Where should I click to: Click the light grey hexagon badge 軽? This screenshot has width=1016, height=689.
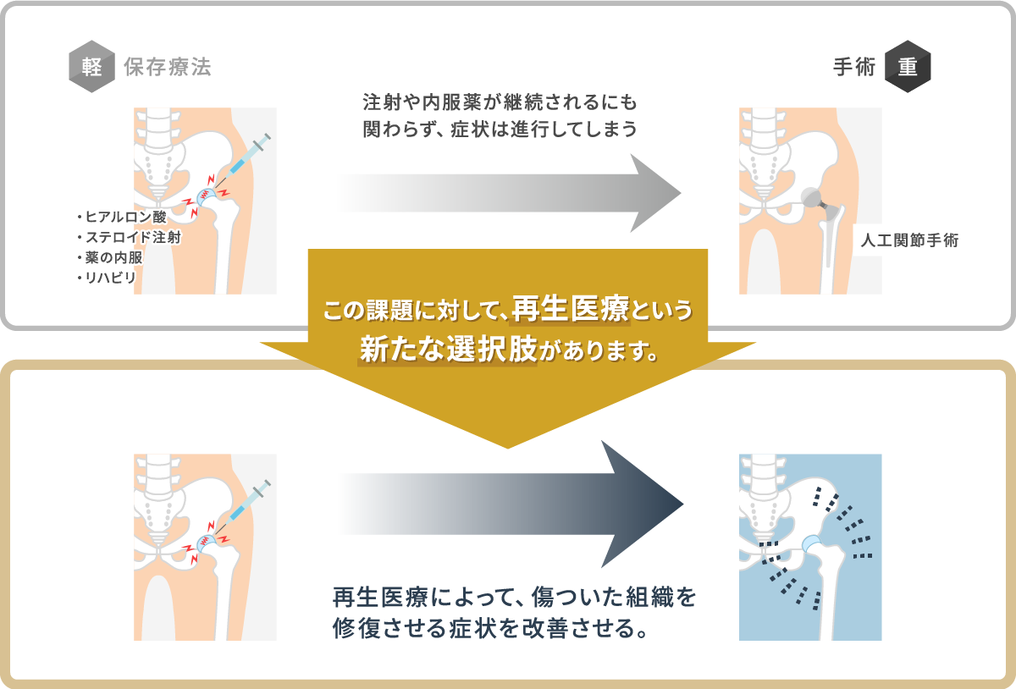pyautogui.click(x=91, y=67)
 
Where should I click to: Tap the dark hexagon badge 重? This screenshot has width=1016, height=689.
pyautogui.click(x=908, y=67)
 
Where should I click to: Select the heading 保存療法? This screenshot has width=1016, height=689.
pyautogui.click(x=168, y=67)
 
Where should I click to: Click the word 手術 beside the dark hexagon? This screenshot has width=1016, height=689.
pyautogui.click(x=854, y=67)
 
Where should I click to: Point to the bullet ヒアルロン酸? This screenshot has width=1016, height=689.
pyautogui.click(x=122, y=217)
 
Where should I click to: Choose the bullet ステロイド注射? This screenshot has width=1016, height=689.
pyautogui.click(x=129, y=237)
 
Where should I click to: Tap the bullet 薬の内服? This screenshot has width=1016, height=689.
pyautogui.click(x=110, y=257)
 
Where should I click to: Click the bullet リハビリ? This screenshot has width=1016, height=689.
pyautogui.click(x=107, y=278)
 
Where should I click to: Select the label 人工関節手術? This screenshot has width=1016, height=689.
pyautogui.click(x=909, y=240)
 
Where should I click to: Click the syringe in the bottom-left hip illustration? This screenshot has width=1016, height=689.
pyautogui.click(x=242, y=507)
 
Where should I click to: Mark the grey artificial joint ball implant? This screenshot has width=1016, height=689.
pyautogui.click(x=811, y=197)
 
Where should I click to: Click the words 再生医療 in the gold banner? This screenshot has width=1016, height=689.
pyautogui.click(x=571, y=309)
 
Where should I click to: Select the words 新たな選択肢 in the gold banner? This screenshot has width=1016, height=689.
pyautogui.click(x=448, y=350)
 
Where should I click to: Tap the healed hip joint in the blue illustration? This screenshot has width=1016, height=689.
pyautogui.click(x=811, y=543)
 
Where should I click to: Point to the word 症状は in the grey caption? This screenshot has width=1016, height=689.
pyautogui.click(x=480, y=130)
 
